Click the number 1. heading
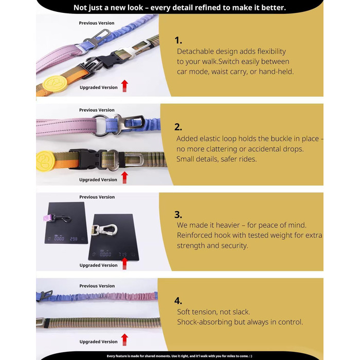[178, 41]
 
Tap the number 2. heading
[178, 127]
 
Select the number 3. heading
[178, 214]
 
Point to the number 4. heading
[178, 300]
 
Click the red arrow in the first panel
[124, 86]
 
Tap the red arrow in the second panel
[124, 177]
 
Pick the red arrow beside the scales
[124, 263]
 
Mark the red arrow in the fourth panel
[124, 340]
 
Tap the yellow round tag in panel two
[45, 160]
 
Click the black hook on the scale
[61, 219]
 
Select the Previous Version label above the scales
[97, 197]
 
